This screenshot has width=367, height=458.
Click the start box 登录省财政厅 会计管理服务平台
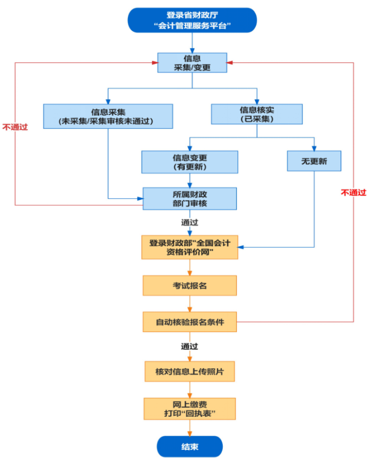click(x=192, y=20)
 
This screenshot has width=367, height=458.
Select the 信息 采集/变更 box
click(x=192, y=63)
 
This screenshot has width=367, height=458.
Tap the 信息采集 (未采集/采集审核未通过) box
click(x=108, y=116)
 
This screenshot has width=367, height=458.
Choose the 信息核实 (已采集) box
click(x=257, y=114)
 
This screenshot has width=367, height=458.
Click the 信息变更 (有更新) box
click(x=190, y=162)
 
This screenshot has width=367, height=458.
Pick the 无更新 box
click(x=314, y=161)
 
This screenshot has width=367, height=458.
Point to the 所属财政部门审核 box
click(x=190, y=198)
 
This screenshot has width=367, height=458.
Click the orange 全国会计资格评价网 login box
click(x=190, y=247)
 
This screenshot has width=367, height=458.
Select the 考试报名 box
click(x=190, y=285)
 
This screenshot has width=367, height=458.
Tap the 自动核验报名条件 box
click(x=190, y=322)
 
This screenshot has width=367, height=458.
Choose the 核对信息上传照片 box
click(x=190, y=371)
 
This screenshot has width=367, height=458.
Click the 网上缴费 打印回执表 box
click(x=190, y=409)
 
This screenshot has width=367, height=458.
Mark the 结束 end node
click(x=190, y=446)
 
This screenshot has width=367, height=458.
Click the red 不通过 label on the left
click(x=15, y=127)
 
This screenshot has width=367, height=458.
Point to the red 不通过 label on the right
click(x=354, y=193)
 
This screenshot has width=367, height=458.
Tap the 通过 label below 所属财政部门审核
click(x=190, y=223)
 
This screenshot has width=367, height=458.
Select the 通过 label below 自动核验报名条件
click(x=190, y=347)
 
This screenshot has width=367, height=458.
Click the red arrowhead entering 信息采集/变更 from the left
click(x=155, y=62)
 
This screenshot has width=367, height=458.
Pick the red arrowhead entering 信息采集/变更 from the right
click(x=230, y=62)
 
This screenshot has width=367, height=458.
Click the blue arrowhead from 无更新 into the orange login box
click(x=241, y=247)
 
